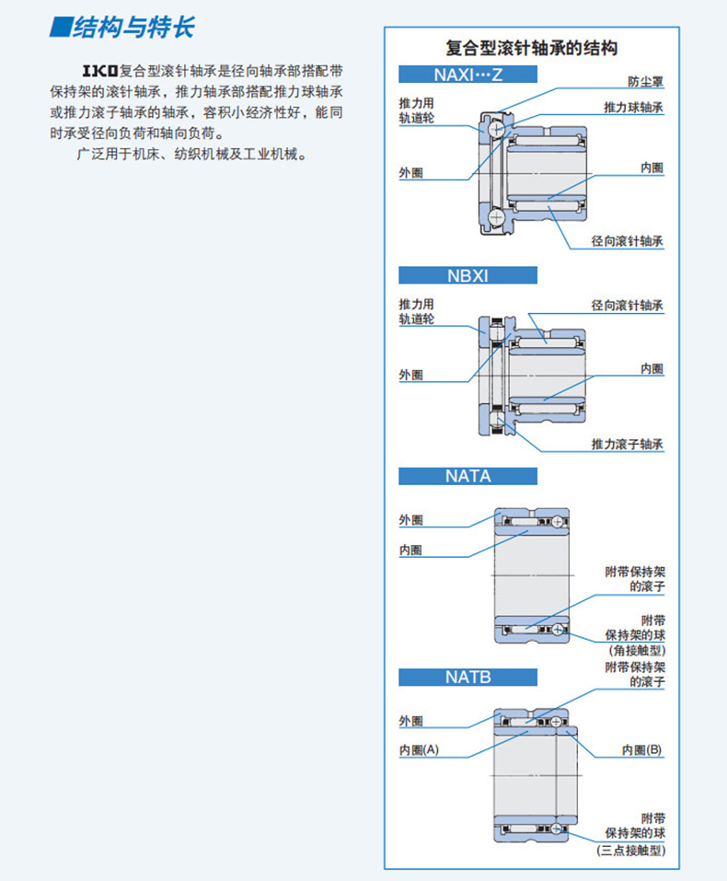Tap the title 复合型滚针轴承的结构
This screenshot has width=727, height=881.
coord(531,49)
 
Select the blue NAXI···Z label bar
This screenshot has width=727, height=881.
coord(467,75)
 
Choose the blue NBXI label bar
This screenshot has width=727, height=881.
coord(467,275)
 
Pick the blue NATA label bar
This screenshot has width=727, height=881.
coord(467,476)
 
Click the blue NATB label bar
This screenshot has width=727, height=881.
coord(467,677)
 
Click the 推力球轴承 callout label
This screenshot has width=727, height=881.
coord(633,108)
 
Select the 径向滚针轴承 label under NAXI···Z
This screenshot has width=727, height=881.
coord(628,241)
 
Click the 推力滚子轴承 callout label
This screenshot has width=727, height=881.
coord(628,444)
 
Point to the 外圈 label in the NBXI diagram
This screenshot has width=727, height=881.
coord(410,375)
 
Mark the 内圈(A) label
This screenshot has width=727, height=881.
coord(419,749)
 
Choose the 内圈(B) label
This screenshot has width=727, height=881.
coord(641,749)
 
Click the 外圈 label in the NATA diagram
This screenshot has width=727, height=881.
coord(410,520)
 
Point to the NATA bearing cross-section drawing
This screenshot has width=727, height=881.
coord(532,575)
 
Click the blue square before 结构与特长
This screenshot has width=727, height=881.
coord(60,27)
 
